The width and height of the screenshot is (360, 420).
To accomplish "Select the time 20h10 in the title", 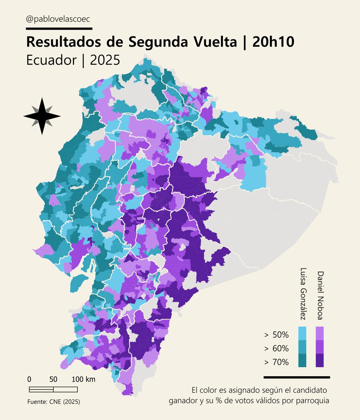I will (272, 42).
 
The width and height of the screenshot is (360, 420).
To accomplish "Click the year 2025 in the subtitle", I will (105, 60).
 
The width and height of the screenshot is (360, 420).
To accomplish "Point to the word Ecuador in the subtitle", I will (51, 60).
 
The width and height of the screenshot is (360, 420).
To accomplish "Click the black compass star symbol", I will (42, 116).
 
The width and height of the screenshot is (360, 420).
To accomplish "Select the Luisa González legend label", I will (303, 294).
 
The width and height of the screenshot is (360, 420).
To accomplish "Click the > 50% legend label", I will (277, 335).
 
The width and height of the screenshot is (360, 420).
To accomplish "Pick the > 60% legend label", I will (277, 349).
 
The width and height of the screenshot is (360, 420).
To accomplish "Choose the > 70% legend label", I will (277, 362).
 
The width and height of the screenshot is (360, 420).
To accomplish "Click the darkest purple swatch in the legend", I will (320, 360).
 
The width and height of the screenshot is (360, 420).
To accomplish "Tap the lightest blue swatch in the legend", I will (302, 333).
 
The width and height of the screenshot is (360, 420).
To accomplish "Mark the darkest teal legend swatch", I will (302, 360).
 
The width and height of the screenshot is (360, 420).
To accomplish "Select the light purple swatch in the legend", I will (320, 333).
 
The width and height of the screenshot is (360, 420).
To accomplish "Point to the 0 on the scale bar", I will (29, 379).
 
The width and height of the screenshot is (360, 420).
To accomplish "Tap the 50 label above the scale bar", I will (53, 379).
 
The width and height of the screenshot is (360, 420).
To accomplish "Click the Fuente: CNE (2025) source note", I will (54, 402).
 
